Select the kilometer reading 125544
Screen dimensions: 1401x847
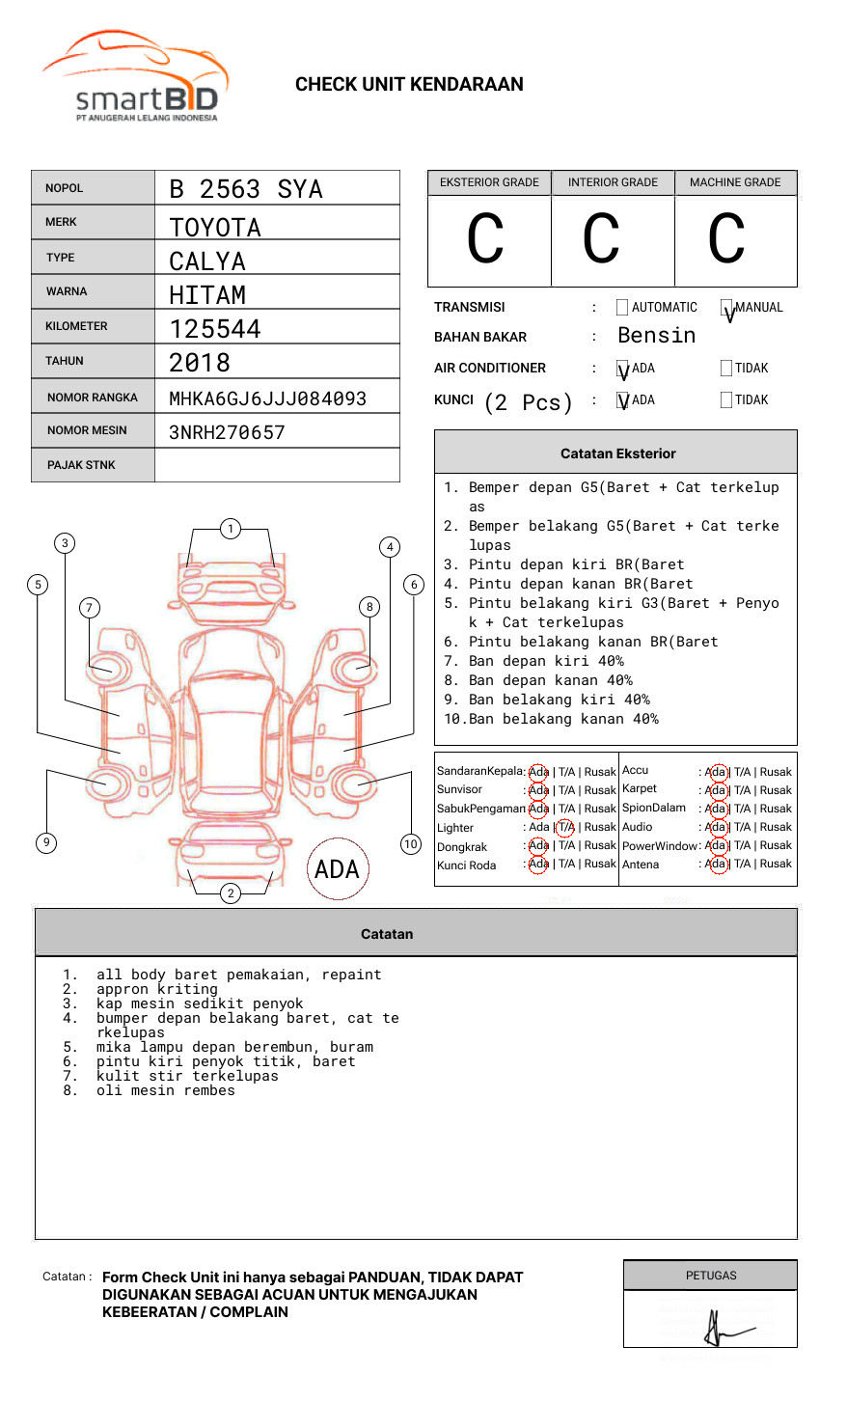pos(215,329)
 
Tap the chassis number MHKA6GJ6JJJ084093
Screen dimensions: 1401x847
pos(267,398)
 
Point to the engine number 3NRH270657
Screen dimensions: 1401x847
pos(227,432)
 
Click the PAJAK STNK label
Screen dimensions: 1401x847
pos(81,465)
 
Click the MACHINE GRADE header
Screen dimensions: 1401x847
pos(735,182)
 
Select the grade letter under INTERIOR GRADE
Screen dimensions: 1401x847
pos(601,239)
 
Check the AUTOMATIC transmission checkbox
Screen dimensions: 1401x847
pos(622,308)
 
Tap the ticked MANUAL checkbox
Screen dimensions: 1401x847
pos(726,308)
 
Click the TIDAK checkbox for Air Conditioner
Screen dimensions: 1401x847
pos(726,369)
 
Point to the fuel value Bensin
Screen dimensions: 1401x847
pos(656,336)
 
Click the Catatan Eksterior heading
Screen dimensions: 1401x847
pos(617,453)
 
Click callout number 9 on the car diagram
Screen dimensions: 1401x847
pos(46,842)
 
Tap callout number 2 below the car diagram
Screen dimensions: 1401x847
pos(231,893)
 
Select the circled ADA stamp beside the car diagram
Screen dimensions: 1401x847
pos(338,869)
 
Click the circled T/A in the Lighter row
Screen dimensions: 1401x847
pos(565,827)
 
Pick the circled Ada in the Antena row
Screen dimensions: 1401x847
pos(716,865)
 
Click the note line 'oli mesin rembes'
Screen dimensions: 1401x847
pos(166,1090)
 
